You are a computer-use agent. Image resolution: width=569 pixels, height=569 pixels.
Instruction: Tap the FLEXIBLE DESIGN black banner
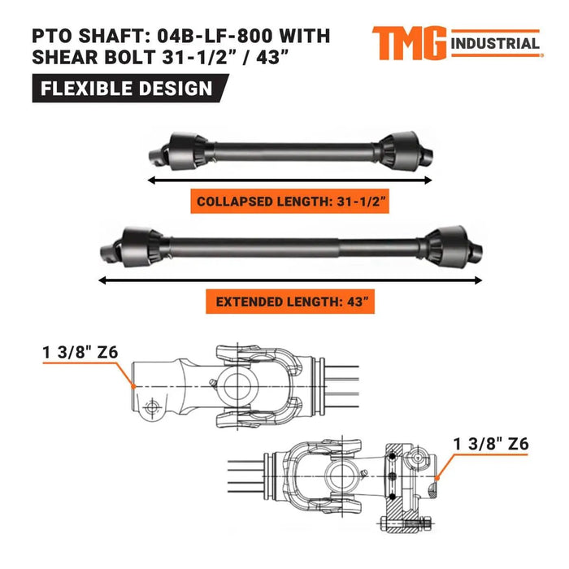(122, 88)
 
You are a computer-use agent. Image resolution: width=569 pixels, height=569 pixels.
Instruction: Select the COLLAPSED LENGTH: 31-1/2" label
(291, 200)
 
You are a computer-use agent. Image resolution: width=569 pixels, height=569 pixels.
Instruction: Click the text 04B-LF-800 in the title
(243, 37)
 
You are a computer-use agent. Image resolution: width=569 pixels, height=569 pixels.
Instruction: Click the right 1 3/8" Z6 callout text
(491, 444)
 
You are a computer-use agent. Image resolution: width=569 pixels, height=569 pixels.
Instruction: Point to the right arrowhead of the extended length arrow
(479, 279)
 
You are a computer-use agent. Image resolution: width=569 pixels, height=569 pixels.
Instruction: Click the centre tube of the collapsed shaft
(293, 150)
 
